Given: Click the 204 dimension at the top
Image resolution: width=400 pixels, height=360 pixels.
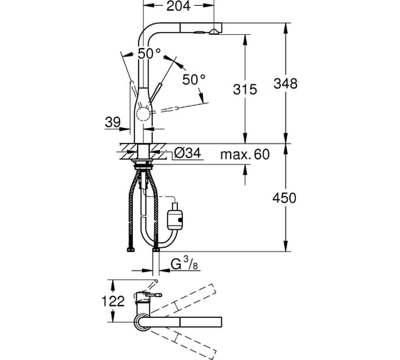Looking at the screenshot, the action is tap(179, 6).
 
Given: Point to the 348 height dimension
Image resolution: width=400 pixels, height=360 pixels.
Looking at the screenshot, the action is tap(286, 84).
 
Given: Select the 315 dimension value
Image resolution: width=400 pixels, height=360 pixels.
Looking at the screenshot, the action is tap(245, 89).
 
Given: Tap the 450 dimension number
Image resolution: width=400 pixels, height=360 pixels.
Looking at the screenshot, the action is tap(284, 198).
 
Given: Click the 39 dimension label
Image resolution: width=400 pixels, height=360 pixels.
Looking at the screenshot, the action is tap(113, 122).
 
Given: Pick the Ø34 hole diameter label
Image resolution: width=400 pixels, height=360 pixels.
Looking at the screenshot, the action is tap(188, 154).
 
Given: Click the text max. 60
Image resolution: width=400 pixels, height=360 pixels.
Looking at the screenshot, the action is tap(245, 154).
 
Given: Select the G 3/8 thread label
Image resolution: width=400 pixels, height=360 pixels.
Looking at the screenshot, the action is tap(184, 264).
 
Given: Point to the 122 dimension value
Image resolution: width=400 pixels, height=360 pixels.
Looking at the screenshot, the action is tap(114, 301).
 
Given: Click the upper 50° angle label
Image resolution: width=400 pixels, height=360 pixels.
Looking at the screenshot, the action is tap(150, 54).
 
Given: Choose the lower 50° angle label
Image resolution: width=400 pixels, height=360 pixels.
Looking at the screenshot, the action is tap(194, 79).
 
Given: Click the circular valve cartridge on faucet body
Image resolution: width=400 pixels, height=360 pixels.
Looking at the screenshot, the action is tap(142, 114).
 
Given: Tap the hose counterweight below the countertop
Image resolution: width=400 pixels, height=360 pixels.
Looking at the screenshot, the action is tap(175, 219).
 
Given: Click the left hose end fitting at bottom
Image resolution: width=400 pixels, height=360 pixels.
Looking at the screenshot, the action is tap(131, 250).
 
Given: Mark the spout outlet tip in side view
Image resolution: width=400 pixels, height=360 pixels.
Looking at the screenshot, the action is tap(213, 32).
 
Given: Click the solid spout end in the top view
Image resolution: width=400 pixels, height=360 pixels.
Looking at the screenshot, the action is tap(201, 322).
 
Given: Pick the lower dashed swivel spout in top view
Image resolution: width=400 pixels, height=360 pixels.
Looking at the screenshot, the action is tap(183, 342).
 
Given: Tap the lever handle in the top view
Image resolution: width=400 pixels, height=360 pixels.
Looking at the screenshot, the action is tap(154, 295).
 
